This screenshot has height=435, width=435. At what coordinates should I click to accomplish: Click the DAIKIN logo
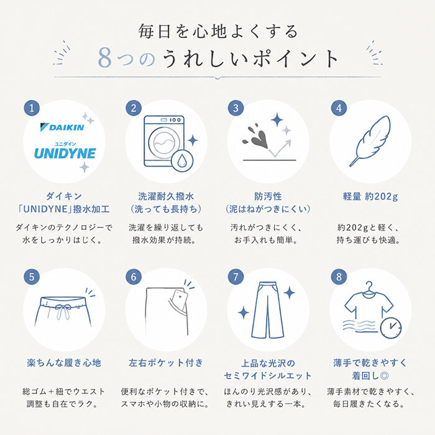[x=62, y=127]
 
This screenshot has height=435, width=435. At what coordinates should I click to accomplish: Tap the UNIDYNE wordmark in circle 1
[x=65, y=153]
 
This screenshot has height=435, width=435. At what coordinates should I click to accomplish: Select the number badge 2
[x=134, y=108]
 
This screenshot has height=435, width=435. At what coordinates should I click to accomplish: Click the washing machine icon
[x=164, y=141]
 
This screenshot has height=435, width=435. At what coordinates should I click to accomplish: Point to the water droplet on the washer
[x=182, y=160]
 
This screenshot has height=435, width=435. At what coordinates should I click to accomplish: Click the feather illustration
[x=370, y=141]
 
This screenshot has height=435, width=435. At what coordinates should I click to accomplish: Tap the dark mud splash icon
[x=256, y=137]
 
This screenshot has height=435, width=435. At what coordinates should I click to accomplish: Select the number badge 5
[x=32, y=277]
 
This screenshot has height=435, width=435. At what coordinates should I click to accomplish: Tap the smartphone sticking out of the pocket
[x=179, y=300]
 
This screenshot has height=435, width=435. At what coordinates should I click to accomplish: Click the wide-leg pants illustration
[x=267, y=310]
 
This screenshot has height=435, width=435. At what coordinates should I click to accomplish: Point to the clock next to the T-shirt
[x=391, y=328]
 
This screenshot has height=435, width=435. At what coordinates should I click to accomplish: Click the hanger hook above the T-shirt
[x=369, y=286]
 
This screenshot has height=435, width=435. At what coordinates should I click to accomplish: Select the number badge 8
[x=339, y=277]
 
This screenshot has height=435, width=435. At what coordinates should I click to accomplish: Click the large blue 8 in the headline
[x=105, y=58]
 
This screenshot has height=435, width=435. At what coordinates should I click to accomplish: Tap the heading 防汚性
[x=268, y=196]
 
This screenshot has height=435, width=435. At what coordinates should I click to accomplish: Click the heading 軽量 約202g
[x=370, y=196]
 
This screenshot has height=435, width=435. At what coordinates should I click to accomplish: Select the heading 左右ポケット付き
[x=166, y=362]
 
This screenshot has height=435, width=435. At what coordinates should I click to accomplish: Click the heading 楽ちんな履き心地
[x=64, y=362]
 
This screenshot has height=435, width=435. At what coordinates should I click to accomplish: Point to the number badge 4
[x=339, y=108]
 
